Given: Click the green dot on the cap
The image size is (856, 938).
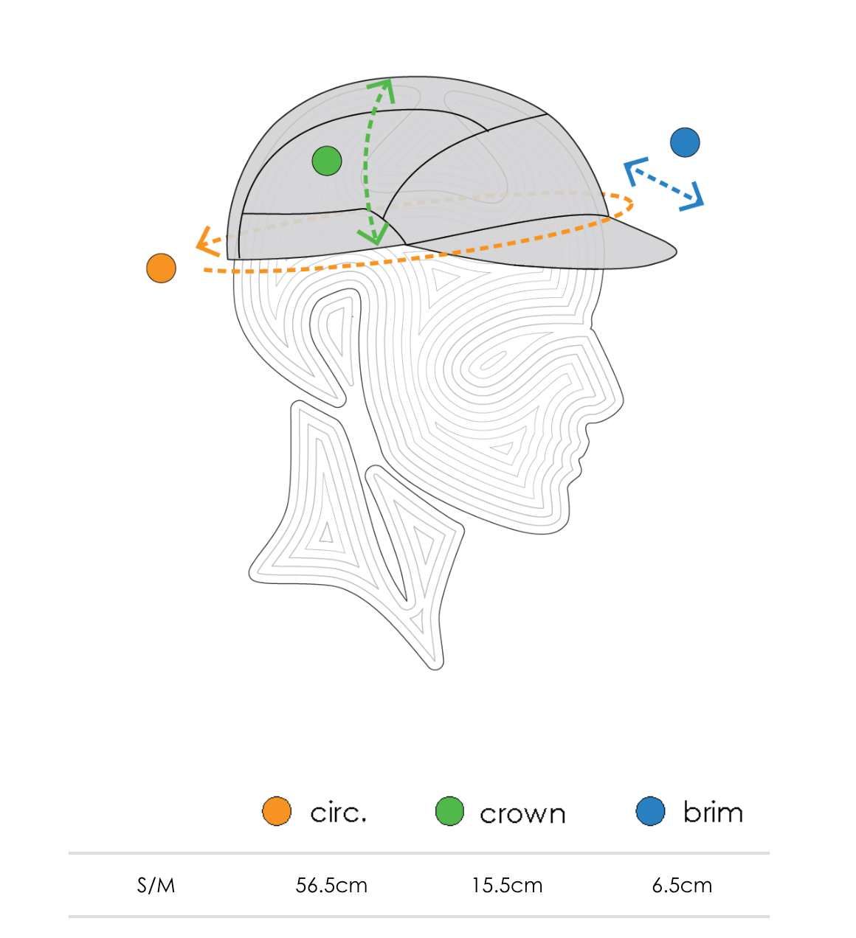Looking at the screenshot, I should pyautogui.click(x=327, y=161).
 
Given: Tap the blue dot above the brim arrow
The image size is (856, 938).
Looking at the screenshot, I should pyautogui.click(x=685, y=142).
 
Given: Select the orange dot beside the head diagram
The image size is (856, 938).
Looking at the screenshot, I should pyautogui.click(x=161, y=268).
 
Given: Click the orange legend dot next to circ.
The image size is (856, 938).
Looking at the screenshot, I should pyautogui.click(x=277, y=811).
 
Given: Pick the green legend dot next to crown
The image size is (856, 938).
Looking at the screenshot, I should pyautogui.click(x=449, y=811).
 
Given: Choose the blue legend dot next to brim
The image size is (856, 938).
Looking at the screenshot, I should pyautogui.click(x=650, y=811).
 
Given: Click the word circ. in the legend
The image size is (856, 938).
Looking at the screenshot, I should pyautogui.click(x=338, y=813).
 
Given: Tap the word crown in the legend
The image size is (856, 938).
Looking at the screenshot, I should pyautogui.click(x=522, y=814).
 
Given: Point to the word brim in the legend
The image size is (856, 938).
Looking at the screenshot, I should pyautogui.click(x=712, y=812).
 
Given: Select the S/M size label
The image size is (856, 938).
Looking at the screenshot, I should pyautogui.click(x=156, y=885).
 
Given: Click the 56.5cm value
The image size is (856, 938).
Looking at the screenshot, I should pyautogui.click(x=331, y=885).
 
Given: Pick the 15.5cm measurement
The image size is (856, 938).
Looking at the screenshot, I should pyautogui.click(x=507, y=885).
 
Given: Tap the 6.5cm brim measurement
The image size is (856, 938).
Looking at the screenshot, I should pyautogui.click(x=682, y=885).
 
